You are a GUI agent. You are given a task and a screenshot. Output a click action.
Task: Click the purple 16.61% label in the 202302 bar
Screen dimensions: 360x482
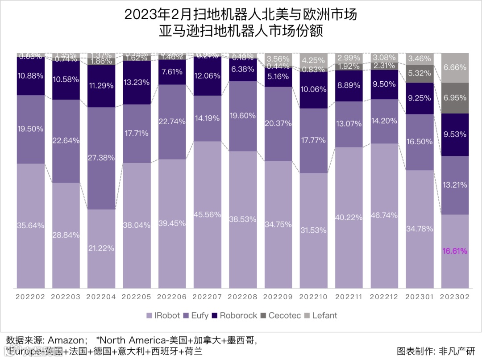pos(455,251)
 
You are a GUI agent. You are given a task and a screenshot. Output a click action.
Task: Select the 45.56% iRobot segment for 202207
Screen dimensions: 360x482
pos(207,214)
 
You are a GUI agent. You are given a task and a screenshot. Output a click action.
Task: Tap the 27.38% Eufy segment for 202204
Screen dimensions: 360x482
pos(101,158)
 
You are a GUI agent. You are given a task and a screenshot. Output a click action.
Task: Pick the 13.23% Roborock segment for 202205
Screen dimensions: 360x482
pos(137,82)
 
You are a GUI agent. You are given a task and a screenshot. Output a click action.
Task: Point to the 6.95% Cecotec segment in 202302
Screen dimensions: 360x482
pos(455,97)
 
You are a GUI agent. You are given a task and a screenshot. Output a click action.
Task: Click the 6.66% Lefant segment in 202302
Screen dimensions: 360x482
pos(455,67)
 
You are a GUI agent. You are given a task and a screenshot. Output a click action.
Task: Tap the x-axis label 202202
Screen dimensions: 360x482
pos(31,297)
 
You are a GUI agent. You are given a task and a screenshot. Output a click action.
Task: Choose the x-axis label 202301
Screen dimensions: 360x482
pos(420,297)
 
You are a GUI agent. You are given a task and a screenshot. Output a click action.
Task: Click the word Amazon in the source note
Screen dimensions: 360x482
pos(65,340)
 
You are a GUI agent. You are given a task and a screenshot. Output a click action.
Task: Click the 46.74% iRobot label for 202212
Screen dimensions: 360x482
pos(384,215)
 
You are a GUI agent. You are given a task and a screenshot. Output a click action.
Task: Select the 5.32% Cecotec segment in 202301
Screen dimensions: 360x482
pos(420,73)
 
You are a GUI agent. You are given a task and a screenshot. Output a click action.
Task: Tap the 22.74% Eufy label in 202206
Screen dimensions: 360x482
pos(172,121)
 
